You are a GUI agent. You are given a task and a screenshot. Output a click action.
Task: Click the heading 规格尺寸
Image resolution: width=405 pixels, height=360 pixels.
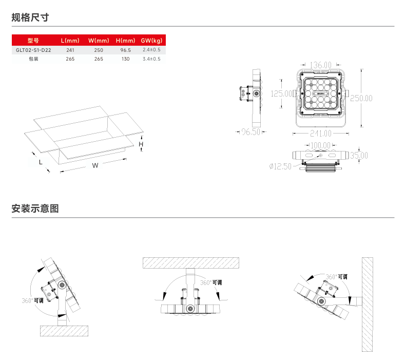tap(30, 17)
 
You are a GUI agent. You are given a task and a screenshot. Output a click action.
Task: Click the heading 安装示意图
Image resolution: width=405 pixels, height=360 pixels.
tap(35, 209)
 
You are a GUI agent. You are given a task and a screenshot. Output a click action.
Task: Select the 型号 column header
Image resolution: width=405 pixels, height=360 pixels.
tap(33, 41)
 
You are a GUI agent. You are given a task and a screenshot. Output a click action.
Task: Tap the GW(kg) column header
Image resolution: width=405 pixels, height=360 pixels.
tap(151, 41)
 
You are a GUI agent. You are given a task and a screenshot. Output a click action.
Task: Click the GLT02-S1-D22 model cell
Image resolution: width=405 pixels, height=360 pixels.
tap(33, 50)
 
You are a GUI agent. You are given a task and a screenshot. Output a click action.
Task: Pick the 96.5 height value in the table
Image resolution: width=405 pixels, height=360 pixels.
tap(126, 50)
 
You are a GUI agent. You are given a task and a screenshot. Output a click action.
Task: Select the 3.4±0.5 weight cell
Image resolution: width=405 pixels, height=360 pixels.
tap(151, 59)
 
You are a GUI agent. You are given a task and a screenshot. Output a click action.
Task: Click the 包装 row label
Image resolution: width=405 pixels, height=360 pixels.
tap(33, 59)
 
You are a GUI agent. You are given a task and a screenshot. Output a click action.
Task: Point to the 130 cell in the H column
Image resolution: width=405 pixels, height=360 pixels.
tap(126, 59)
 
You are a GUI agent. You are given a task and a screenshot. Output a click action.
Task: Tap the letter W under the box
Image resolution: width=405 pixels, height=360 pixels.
tap(95, 165)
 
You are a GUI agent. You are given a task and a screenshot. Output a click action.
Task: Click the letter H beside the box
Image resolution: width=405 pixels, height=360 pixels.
tap(141, 145)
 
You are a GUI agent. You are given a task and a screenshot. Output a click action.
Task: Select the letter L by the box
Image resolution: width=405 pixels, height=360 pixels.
tap(41, 161)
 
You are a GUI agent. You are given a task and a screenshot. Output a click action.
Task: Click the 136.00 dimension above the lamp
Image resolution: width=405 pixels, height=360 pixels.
tap(321, 65)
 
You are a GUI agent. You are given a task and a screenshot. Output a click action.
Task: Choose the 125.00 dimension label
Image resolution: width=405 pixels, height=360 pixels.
tap(281, 94)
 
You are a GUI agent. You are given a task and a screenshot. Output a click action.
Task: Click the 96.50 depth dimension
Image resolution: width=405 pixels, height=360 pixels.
tap(252, 132)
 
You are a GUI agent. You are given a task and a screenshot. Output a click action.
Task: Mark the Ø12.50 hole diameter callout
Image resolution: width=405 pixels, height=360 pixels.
tap(280, 166)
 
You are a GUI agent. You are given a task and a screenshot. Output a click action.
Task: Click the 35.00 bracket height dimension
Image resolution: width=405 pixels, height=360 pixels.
tap(359, 156)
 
